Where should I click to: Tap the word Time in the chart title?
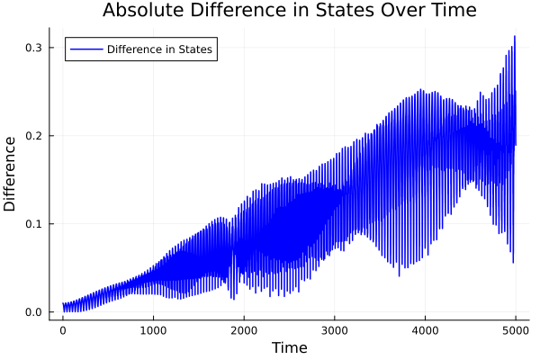[x=453, y=11]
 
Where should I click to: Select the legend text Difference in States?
[x=159, y=49]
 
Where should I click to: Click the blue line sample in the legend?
[x=85, y=49]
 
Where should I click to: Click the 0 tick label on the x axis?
[x=62, y=330]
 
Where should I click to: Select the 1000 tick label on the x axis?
[x=153, y=330]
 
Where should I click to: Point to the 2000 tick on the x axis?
[x=243, y=330]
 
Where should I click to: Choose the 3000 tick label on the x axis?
[x=334, y=330]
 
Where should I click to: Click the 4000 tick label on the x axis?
[x=425, y=330]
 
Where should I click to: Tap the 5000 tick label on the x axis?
[x=515, y=330]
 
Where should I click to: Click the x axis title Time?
[x=289, y=347]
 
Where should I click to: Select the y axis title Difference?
[x=11, y=173]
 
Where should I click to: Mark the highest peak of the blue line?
[x=515, y=37]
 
